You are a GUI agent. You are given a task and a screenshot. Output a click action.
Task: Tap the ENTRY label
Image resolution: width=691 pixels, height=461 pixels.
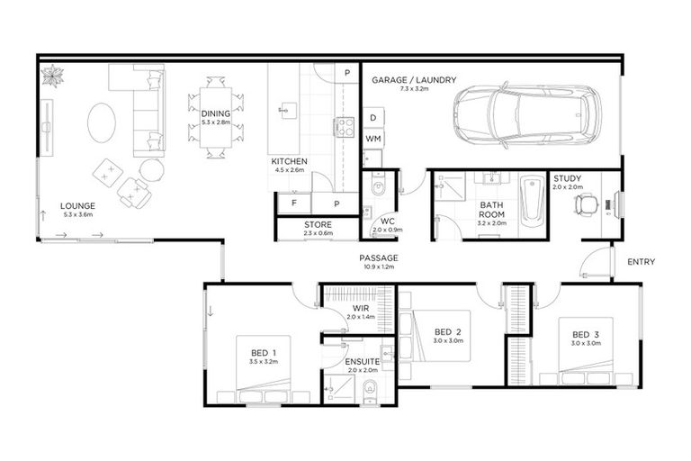[642, 262]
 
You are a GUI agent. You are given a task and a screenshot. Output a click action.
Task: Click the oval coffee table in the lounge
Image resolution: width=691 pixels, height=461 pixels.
[102, 121]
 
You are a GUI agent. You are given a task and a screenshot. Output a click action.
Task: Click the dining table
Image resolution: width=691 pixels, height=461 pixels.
[216, 117]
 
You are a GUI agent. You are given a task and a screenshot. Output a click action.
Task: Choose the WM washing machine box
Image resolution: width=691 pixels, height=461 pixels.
[373, 139]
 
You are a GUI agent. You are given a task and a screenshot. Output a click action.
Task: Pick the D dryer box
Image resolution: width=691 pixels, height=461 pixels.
[373, 118]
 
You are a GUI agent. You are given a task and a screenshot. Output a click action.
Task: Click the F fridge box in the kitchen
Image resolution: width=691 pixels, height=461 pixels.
[293, 203]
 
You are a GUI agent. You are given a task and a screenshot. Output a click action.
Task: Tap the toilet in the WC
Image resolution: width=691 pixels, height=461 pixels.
[378, 188]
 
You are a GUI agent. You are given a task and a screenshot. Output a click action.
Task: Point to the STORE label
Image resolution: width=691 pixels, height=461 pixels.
[319, 225]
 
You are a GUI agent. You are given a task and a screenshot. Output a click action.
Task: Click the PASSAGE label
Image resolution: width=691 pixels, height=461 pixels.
[378, 258]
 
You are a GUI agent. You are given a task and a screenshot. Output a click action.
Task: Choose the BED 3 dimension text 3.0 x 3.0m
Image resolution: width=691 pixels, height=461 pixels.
[586, 344]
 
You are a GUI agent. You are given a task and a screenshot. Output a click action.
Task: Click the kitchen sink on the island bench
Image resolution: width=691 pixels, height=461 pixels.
[286, 111]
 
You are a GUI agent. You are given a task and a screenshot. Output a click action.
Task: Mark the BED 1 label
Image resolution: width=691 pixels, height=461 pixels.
[264, 351]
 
